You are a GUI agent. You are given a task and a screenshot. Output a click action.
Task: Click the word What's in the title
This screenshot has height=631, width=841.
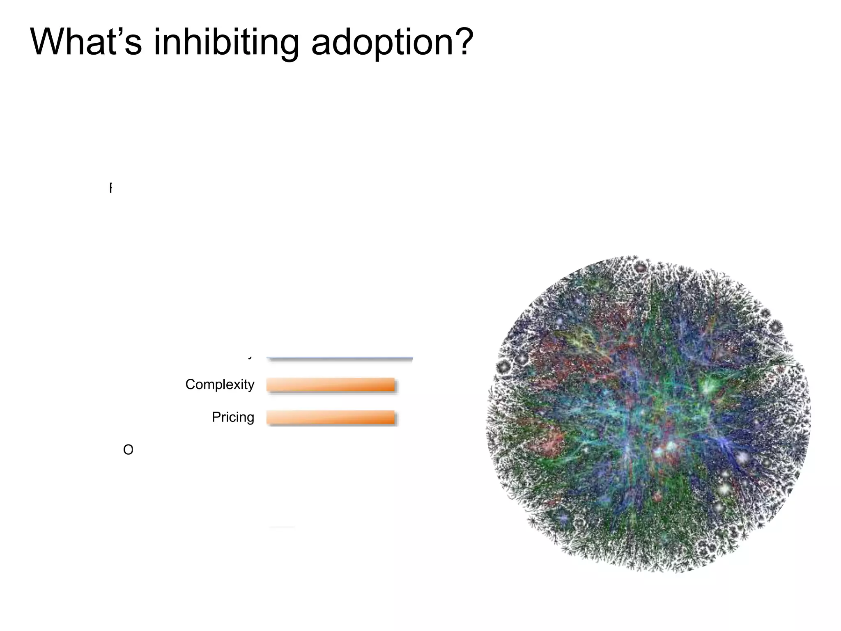[86, 42]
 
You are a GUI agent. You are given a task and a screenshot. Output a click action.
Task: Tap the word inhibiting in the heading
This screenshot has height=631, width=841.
[226, 43]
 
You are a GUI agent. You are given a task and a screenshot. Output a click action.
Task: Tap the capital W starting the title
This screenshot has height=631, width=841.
[49, 42]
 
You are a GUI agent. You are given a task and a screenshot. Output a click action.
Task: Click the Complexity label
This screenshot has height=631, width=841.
[220, 385]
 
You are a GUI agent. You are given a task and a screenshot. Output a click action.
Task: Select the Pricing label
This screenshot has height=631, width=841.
[233, 417]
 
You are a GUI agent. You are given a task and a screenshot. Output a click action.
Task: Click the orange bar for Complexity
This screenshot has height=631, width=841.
[331, 385]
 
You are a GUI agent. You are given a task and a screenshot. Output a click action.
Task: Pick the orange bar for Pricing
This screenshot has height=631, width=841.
[331, 417]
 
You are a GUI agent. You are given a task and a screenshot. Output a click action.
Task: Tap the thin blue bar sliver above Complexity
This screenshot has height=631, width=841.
[340, 359]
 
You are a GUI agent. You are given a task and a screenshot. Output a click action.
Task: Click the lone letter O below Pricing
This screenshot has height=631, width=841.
[128, 450]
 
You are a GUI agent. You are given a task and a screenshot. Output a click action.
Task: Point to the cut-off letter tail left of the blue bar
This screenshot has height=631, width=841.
[250, 358]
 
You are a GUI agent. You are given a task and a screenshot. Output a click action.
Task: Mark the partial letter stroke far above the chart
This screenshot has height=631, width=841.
[110, 188]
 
